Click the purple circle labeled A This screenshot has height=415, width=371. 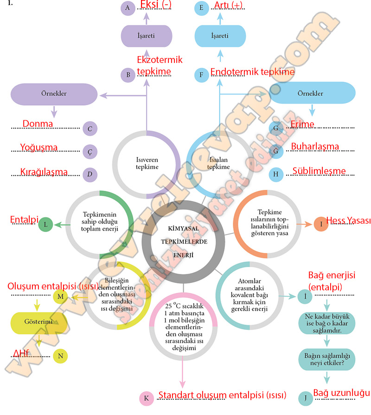(x=127, y=8)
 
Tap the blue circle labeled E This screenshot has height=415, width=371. (x=201, y=8)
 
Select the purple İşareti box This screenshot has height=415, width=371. (x=147, y=36)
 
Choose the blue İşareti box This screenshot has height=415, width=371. (x=220, y=36)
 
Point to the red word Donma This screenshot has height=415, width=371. (x=38, y=124)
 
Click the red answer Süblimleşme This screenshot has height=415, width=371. (x=319, y=171)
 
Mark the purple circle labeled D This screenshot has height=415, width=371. (x=90, y=174)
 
